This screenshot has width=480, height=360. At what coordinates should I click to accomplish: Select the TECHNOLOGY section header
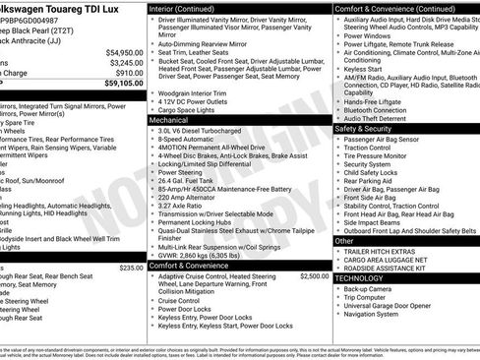click(362, 278)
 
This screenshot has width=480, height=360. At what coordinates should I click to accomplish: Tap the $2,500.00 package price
click(311, 277)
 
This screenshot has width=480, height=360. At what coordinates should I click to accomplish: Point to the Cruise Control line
click(186, 300)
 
